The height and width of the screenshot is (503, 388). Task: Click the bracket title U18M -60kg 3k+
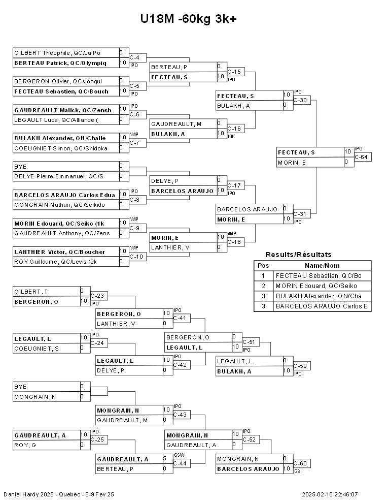[189, 19]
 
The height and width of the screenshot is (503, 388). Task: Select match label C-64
[361, 157]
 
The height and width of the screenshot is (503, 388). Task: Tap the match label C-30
[300, 101]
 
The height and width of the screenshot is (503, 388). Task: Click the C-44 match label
[180, 463]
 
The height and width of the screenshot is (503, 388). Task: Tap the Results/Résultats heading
[298, 255]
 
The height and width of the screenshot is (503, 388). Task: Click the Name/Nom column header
[322, 266]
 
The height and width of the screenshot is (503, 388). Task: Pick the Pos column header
[263, 266]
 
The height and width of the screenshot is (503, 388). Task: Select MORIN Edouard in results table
[316, 286]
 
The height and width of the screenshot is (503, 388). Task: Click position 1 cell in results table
[263, 276]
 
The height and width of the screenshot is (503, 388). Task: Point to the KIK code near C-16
[231, 137]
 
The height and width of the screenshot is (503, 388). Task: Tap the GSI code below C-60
[298, 471]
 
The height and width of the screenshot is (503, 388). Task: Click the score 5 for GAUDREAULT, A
[164, 459]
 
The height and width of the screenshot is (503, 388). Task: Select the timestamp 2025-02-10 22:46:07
[330, 495]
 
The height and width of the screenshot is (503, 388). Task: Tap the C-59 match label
[300, 366]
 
